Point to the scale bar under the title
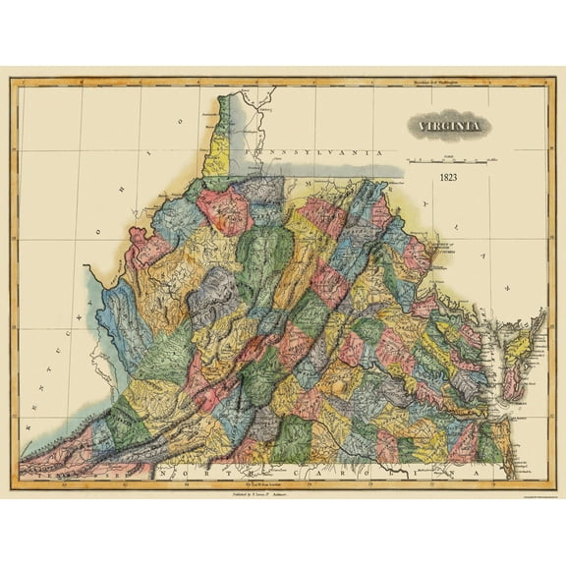tap(453, 156)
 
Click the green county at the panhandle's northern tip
tap(225, 108)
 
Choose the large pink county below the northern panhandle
tap(225, 204)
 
